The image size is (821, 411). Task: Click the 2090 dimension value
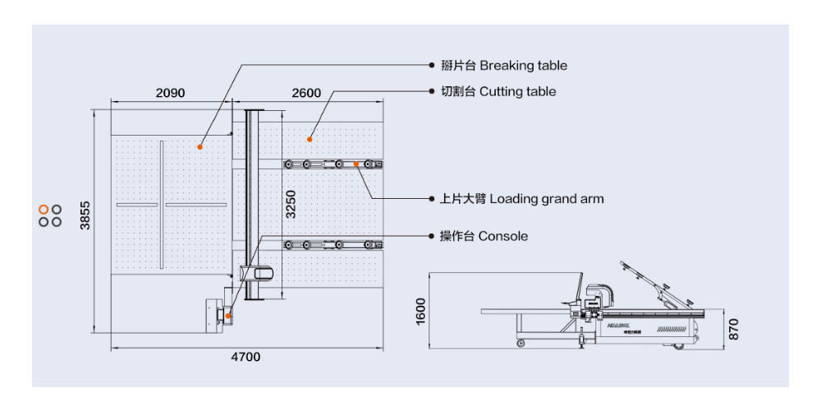[170, 94]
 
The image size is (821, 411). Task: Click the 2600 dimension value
[306, 94]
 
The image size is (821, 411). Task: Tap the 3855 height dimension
[85, 215]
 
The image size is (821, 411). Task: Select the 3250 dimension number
[291, 204]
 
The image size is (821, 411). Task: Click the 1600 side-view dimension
[421, 312]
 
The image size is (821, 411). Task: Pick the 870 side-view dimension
[734, 329]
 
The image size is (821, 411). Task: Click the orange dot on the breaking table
[200, 146]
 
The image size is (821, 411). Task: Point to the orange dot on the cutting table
[310, 137]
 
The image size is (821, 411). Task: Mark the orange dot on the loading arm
[356, 164]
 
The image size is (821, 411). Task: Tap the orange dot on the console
[230, 315]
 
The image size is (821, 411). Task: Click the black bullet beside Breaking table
[432, 65]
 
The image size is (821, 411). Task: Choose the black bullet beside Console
[432, 236]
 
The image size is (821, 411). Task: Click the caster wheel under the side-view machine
[521, 342]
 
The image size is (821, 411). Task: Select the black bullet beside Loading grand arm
[432, 199]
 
